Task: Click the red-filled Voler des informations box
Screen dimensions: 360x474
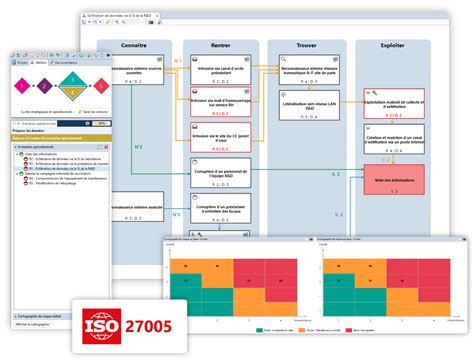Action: click(394, 182)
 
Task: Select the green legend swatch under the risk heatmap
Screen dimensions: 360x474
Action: click(259, 327)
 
